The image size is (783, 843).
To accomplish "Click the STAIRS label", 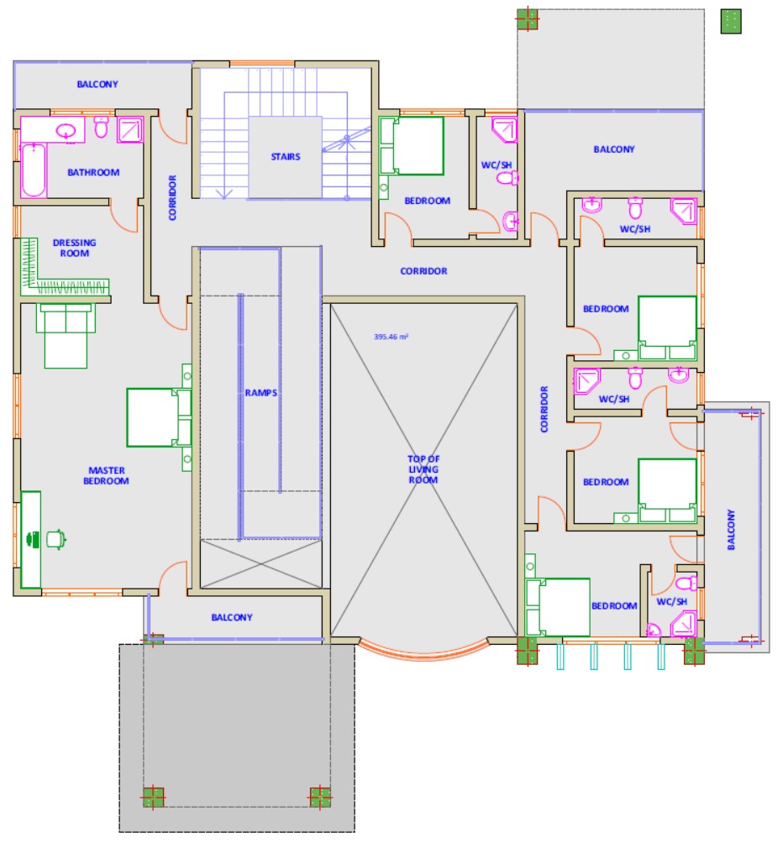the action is coord(286,157).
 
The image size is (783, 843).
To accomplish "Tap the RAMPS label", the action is coord(260,393).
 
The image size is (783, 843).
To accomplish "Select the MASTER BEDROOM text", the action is coord(106,476).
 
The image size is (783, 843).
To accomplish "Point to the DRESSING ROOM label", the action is coord(74,248).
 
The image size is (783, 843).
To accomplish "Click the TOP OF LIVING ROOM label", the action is coord(423,469).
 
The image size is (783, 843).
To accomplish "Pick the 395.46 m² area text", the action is coord(391,337).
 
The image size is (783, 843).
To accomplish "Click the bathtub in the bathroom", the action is coord(34,170).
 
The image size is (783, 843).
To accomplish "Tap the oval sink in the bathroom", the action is coord(66,131).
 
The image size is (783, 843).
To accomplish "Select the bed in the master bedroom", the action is coord(159,418).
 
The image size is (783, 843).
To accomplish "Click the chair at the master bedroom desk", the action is coord(56,539).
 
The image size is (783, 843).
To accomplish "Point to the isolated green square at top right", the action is coord(731,22).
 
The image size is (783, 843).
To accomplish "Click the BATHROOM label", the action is coord(93,173).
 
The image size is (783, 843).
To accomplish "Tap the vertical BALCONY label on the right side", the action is coord(731,530).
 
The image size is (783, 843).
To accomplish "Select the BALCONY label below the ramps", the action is coord(232,618).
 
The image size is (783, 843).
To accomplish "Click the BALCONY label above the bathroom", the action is coord(97,85).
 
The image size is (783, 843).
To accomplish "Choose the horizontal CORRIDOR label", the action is coord(423,271).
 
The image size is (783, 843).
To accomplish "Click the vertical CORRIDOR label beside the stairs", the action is coord(172,197).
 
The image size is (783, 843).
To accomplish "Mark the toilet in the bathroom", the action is coord(101,126).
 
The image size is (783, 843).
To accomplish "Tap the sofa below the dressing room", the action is coord(66,336).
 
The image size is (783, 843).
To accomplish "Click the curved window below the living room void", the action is coord(423,652).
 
